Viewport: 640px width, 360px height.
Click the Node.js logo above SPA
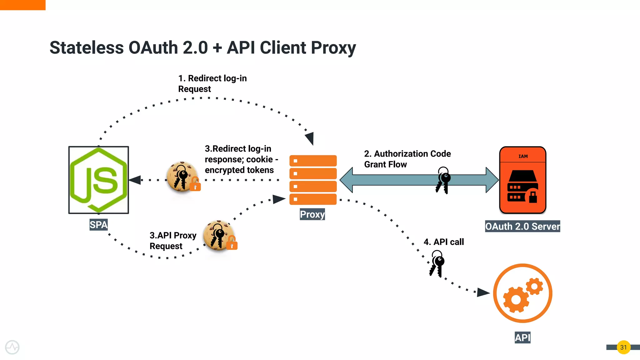[x=98, y=180]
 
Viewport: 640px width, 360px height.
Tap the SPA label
[x=98, y=225]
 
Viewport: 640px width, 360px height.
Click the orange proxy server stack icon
[x=313, y=180]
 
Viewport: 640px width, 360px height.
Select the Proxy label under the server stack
[x=312, y=214]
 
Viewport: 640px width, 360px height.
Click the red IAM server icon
[x=522, y=180]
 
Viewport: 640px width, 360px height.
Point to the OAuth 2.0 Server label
[x=522, y=226]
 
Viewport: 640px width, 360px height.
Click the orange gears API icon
[x=522, y=293]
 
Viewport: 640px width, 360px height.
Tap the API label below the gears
[x=522, y=337]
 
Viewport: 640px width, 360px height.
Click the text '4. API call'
[x=443, y=242]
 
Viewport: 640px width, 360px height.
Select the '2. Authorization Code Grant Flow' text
[x=407, y=159]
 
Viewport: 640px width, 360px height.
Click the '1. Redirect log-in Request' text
[x=212, y=83]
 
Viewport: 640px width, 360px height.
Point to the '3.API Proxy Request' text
[x=172, y=241]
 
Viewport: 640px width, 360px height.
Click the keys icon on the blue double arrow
[x=443, y=180]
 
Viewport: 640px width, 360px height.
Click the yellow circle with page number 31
[x=623, y=347]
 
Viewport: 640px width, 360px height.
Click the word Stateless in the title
[x=87, y=48]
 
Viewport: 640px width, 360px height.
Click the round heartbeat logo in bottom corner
[x=12, y=347]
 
